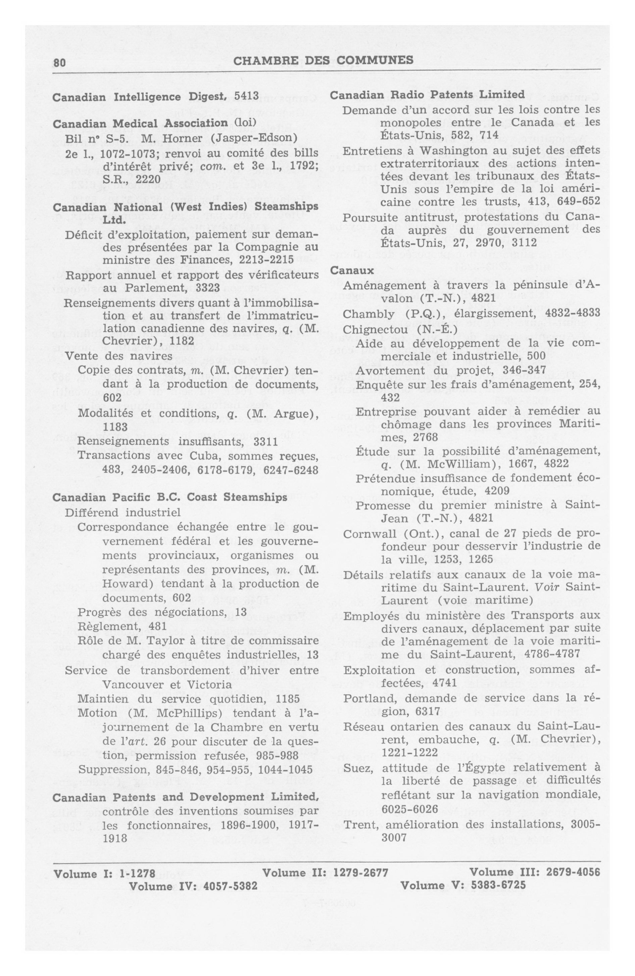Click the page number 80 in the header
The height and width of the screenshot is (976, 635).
coord(59,62)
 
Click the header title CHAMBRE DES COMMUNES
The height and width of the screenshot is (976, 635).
coord(323,60)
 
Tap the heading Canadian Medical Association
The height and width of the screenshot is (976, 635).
coord(140,123)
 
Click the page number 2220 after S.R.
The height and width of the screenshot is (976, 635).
coord(148,179)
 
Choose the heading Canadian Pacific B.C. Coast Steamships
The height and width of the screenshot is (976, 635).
coord(170,497)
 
